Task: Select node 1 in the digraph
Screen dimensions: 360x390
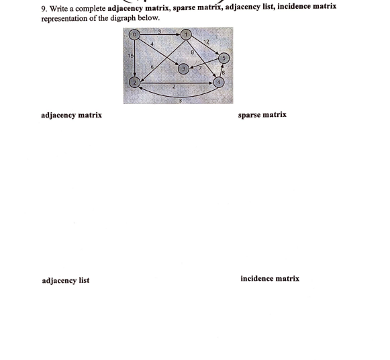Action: (186, 34)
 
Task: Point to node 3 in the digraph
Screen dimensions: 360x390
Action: (182, 69)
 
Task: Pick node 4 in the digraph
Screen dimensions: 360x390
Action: (218, 83)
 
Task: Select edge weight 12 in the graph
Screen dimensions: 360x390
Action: (206, 42)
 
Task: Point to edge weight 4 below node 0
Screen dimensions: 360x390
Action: (152, 45)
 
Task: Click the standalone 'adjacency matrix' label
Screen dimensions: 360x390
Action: (72, 116)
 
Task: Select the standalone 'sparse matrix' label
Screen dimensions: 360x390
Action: (262, 115)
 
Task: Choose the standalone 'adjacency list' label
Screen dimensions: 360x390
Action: (65, 281)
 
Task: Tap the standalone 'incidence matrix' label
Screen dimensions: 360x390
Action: (270, 279)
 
